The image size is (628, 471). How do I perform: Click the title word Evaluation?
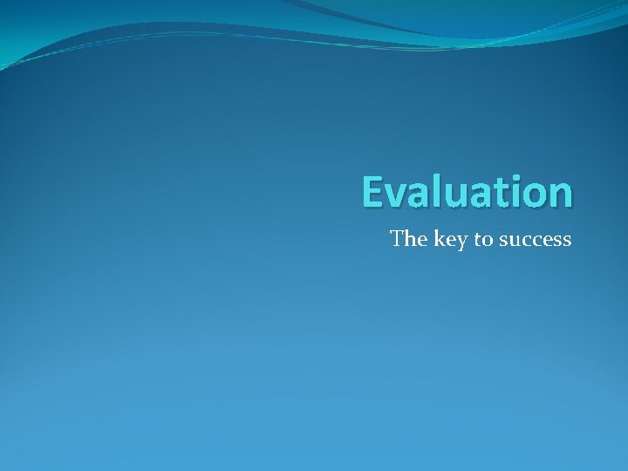[x=468, y=192]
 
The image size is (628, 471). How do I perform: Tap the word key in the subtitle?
[x=450, y=239]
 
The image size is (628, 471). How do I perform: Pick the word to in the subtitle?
[x=483, y=239]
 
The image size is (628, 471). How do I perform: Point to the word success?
[x=535, y=239]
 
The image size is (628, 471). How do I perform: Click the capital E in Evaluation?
[x=373, y=192]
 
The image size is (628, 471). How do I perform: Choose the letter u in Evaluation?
[x=452, y=196]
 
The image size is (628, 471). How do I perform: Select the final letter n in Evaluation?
[x=558, y=195]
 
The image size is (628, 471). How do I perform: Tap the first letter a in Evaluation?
[x=418, y=196]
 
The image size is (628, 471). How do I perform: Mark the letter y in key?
[x=461, y=242]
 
